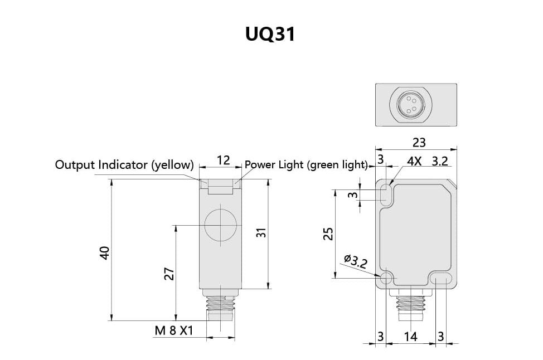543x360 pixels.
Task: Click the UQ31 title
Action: pos(270,34)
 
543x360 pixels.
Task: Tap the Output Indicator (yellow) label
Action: pos(124,164)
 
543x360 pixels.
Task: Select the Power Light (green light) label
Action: pos(306,164)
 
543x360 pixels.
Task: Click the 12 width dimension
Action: pos(224,160)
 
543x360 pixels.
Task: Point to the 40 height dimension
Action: pos(105,252)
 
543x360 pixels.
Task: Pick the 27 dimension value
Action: pos(169,274)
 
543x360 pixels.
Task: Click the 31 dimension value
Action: pos(261,232)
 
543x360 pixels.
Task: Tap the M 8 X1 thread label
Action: pos(174,330)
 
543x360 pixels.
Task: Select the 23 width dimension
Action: pos(419,142)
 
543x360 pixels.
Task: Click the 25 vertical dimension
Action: pos(328,234)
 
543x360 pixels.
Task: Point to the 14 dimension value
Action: pos(410,336)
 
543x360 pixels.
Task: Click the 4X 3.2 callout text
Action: pos(428,161)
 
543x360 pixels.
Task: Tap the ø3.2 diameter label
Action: pos(356,261)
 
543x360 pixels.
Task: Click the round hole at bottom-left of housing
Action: pos(386,278)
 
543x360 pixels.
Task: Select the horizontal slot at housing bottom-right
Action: pos(441,278)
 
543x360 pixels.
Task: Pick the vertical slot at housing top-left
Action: pos(386,194)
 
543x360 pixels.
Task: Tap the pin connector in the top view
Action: pos(410,105)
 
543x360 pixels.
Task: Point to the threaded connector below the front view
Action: pos(410,305)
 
